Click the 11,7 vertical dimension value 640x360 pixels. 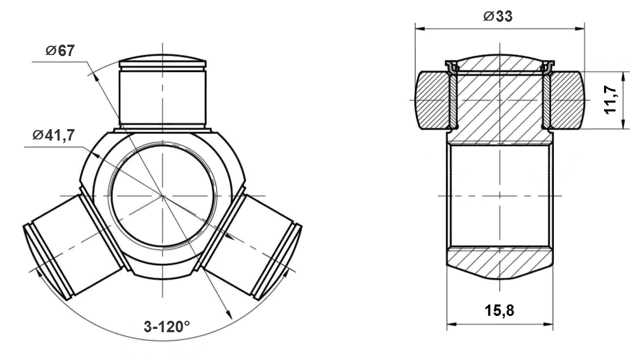point(611,101)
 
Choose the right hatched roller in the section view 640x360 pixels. point(566,100)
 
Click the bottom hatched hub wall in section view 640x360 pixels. point(497,262)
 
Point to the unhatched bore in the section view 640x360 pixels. point(497,194)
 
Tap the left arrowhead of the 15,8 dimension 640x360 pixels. point(449,323)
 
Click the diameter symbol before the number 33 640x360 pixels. point(485,16)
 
